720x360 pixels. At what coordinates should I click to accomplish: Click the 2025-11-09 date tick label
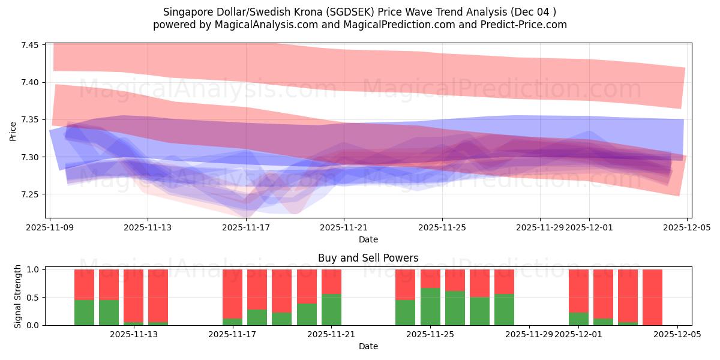click(x=50, y=227)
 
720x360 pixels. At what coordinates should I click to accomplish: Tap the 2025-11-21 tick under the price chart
click(x=344, y=227)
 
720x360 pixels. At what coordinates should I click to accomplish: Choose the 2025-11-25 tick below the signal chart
click(x=430, y=334)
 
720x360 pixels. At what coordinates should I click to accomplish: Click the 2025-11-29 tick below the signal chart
click(x=529, y=334)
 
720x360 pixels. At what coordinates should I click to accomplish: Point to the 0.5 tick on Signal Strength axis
click(x=34, y=298)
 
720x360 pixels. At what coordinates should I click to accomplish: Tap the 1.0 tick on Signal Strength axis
click(x=34, y=270)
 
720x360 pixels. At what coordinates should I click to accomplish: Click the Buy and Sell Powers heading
click(x=368, y=258)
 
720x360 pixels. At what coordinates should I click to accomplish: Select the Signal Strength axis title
click(x=17, y=297)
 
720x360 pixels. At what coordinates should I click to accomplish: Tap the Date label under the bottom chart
click(x=368, y=346)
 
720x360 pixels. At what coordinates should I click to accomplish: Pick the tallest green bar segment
click(x=430, y=307)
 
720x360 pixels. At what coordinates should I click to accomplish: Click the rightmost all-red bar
click(x=652, y=297)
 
